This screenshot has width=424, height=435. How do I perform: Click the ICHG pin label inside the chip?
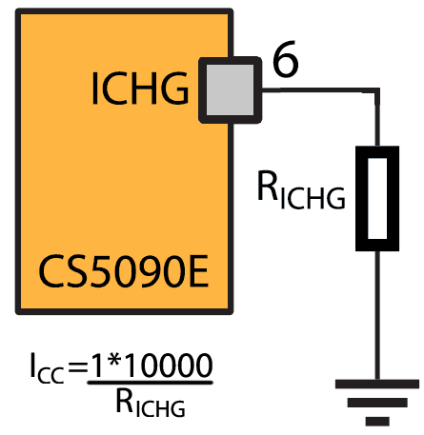140,89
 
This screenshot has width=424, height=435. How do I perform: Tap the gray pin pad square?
230,90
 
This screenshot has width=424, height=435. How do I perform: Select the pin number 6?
286,59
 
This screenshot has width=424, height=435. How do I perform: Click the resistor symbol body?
377,198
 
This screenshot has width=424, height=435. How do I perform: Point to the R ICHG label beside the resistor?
301,190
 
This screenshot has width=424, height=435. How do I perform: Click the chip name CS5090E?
124,271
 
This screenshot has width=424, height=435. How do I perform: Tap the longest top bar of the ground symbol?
377,384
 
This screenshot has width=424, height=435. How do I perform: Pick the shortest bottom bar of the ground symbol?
377,421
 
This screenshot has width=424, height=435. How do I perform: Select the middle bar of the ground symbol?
377,403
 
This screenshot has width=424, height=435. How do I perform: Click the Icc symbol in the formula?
47,368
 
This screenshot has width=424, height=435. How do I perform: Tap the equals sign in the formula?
78,368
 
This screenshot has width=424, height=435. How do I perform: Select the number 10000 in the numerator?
169,366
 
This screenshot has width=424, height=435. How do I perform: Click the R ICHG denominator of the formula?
151,403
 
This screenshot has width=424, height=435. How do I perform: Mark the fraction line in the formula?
150,383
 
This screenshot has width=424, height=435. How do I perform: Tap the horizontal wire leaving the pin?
320,90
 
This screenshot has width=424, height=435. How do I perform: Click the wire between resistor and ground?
377,315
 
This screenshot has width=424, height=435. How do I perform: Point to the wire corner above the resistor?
377,90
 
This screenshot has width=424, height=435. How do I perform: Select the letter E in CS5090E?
199,271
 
